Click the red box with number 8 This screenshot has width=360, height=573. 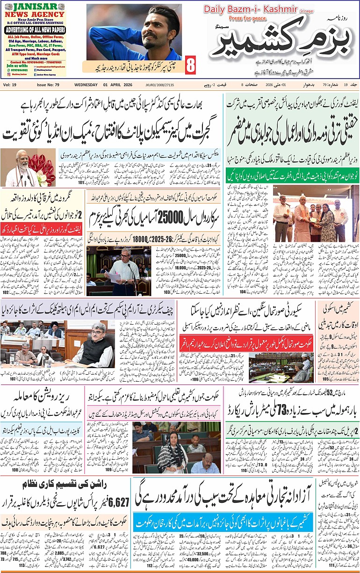pyautogui.click(x=190, y=65)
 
